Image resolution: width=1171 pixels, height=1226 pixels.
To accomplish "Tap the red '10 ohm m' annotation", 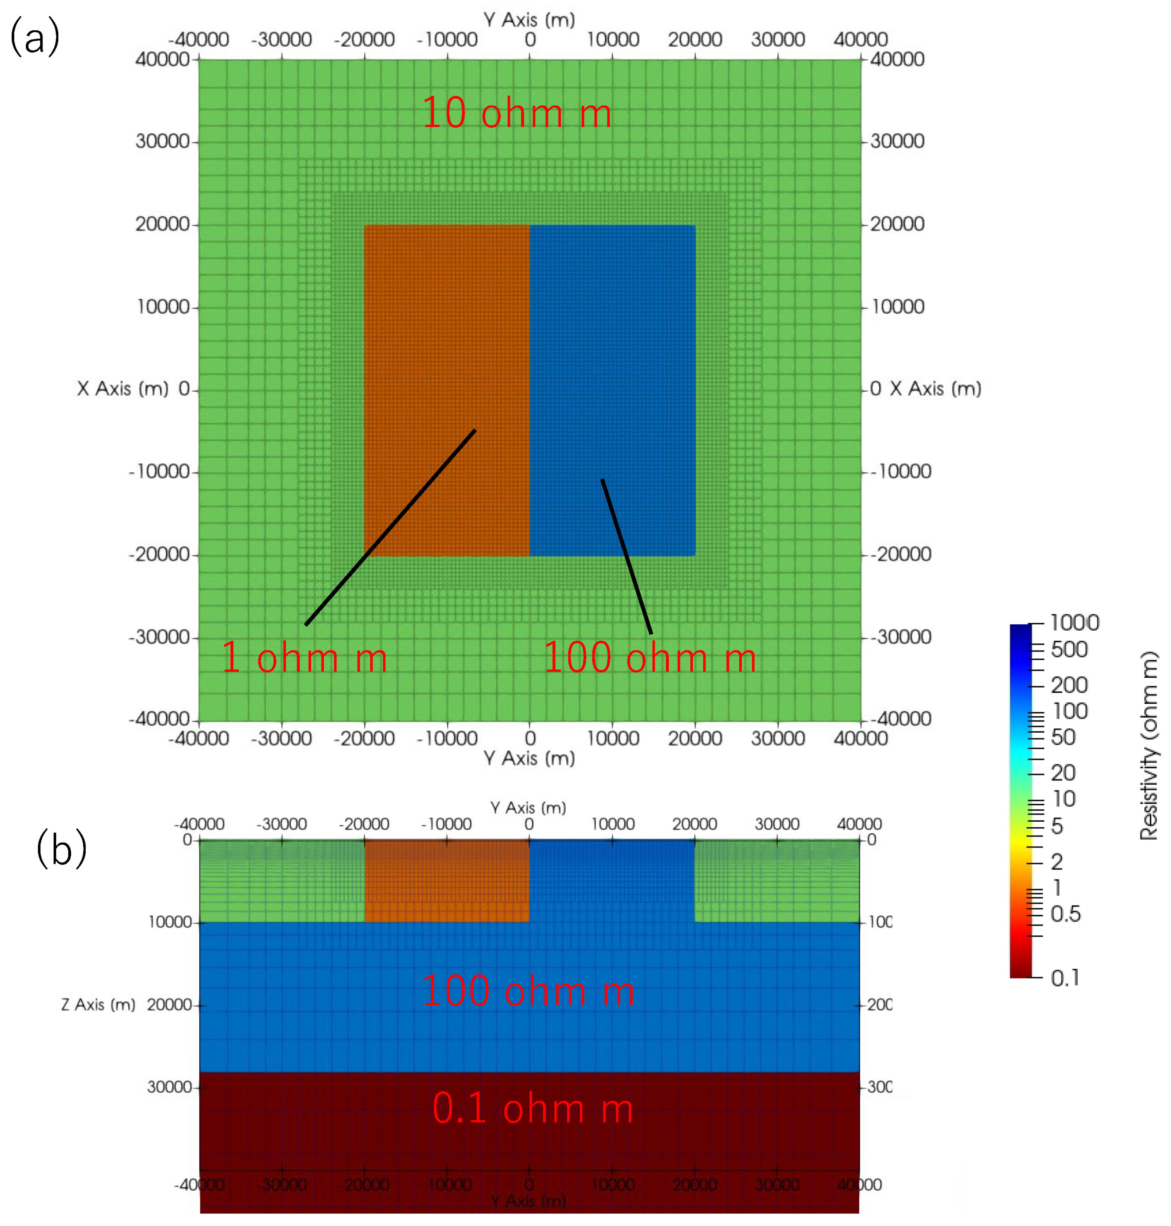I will pyautogui.click(x=516, y=114).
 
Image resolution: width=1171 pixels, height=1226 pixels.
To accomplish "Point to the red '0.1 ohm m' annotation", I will pyautogui.click(x=532, y=1109).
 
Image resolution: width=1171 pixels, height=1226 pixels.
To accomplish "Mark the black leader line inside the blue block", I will pyautogui.click(x=626, y=556).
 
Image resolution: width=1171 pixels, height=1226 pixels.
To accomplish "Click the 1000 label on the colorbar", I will pyautogui.click(x=1074, y=623).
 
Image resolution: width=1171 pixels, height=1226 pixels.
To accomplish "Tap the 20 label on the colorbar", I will pyautogui.click(x=1063, y=773).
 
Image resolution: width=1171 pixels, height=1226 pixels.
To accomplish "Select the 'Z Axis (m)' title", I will pyautogui.click(x=98, y=1004).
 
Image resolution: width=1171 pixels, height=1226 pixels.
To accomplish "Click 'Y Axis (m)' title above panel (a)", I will pyautogui.click(x=529, y=20).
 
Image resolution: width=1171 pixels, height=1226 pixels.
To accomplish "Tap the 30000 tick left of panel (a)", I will pyautogui.click(x=162, y=141).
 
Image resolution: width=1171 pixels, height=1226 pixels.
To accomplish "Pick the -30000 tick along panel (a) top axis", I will pyautogui.click(x=282, y=40).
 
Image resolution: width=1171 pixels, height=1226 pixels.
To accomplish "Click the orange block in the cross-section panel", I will pyautogui.click(x=446, y=881).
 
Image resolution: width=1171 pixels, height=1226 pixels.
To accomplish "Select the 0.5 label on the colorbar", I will pyautogui.click(x=1065, y=914).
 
